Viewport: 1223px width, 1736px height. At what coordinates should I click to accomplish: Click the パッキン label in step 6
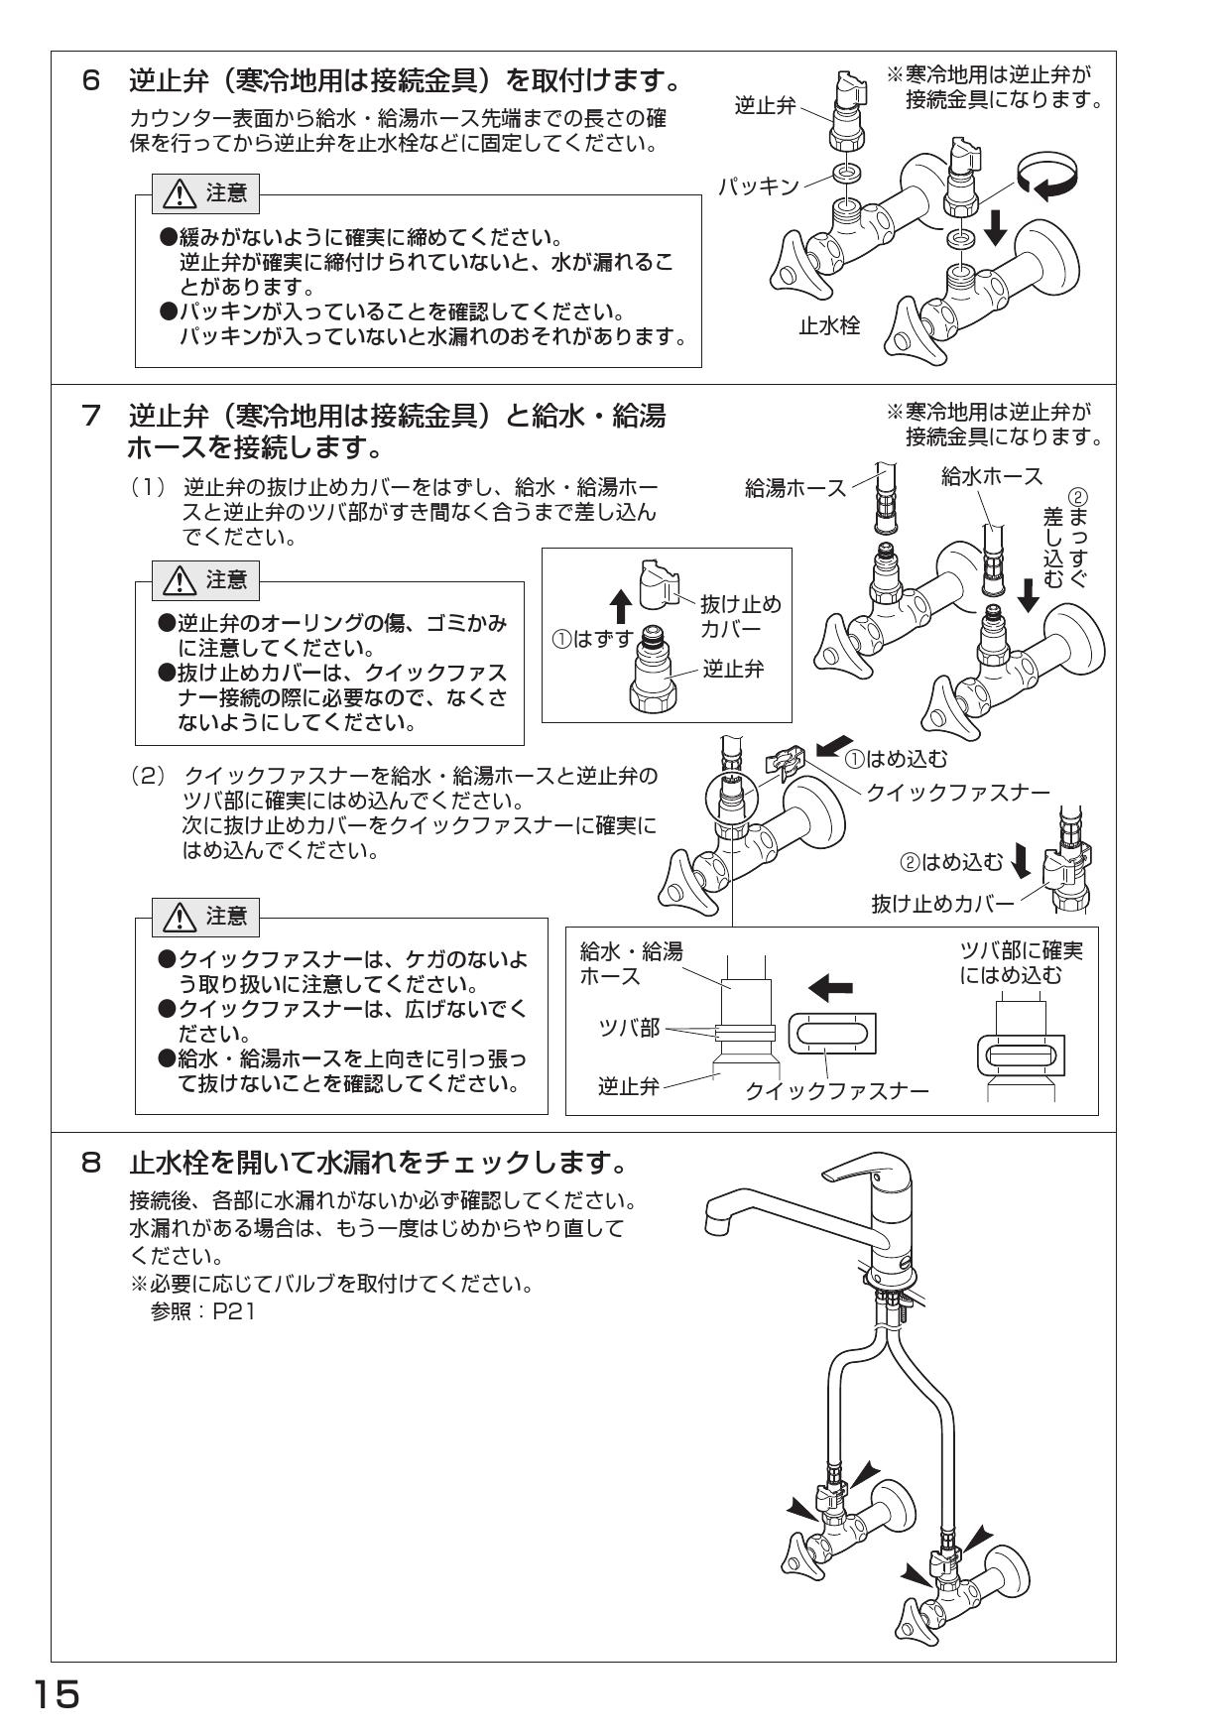click(x=760, y=186)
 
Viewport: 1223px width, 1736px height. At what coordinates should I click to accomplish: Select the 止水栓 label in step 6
click(x=829, y=324)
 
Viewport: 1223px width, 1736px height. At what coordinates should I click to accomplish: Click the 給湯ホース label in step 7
click(x=795, y=487)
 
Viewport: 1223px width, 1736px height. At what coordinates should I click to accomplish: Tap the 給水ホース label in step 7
click(x=992, y=476)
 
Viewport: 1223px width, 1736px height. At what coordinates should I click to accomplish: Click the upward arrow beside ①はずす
click(x=620, y=605)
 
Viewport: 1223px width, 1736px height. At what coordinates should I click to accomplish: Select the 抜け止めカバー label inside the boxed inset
click(x=740, y=616)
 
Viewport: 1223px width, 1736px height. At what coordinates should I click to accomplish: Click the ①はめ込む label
click(x=896, y=760)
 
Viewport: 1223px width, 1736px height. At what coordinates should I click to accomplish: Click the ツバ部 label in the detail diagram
click(x=628, y=1028)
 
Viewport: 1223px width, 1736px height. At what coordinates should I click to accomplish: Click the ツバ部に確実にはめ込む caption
click(x=1021, y=962)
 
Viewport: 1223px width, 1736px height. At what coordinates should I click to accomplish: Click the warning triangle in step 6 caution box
click(x=180, y=194)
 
